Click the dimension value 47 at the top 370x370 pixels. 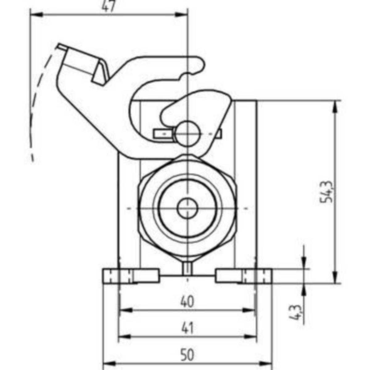pos(109,6)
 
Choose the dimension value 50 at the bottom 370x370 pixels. pos(187,355)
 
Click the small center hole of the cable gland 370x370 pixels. pos(187,208)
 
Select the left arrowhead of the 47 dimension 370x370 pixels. pos(36,14)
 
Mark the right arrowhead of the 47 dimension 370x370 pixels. pos(181,14)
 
